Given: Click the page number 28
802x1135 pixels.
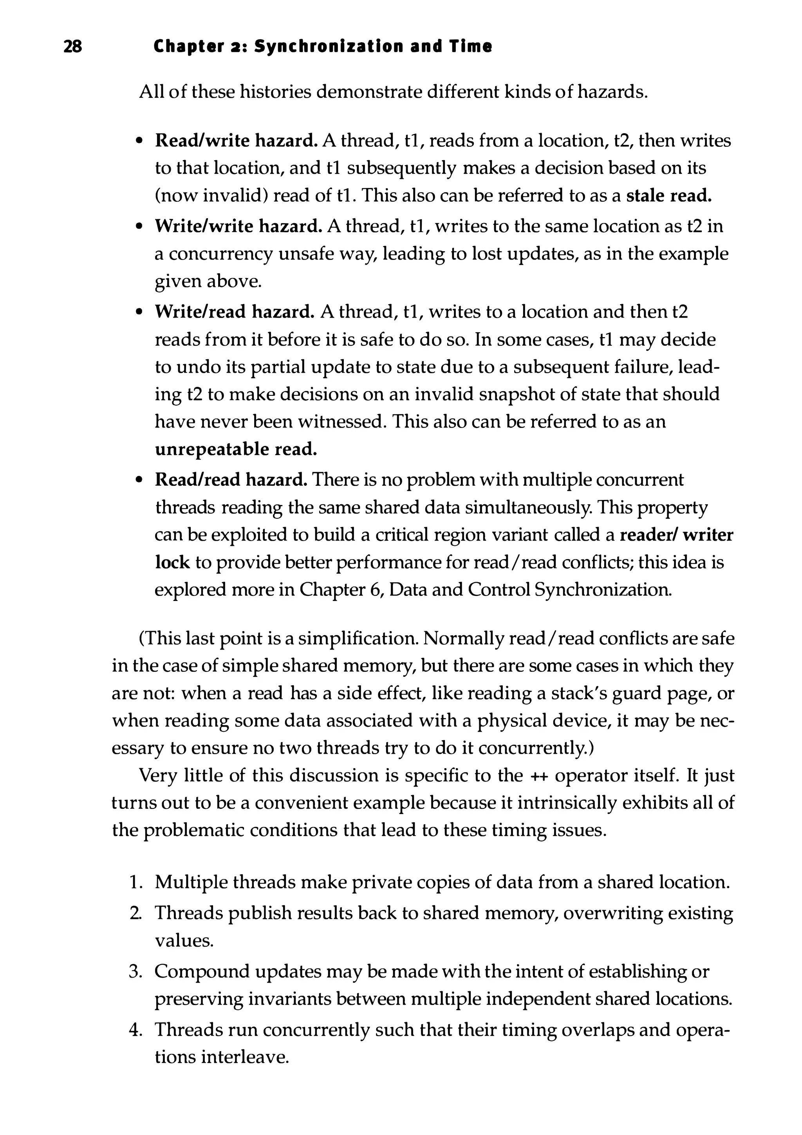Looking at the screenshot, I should point(73,47).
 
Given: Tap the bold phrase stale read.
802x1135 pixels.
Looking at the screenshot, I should point(669,196).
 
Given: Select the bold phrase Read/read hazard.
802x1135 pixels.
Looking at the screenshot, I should point(231,480).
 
